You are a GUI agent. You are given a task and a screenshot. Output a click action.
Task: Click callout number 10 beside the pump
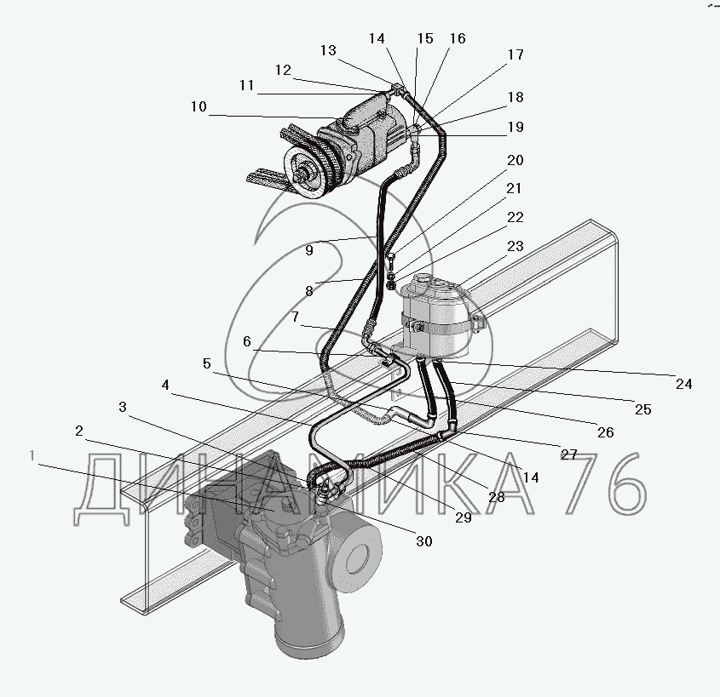coord(199,107)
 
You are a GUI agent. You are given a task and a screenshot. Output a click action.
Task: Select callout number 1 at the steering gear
coord(32,456)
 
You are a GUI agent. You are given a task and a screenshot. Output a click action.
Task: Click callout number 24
coord(684,384)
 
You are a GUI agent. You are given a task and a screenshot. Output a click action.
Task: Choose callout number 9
coord(308,251)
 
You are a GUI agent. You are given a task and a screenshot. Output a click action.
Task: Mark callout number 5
coord(207,363)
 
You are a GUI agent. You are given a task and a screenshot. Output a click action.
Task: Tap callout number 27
coord(568,454)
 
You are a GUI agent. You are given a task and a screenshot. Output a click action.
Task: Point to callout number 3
coord(123,408)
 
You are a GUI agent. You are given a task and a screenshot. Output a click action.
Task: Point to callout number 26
coord(605,432)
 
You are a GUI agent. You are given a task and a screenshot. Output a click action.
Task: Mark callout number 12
coord(282,70)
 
